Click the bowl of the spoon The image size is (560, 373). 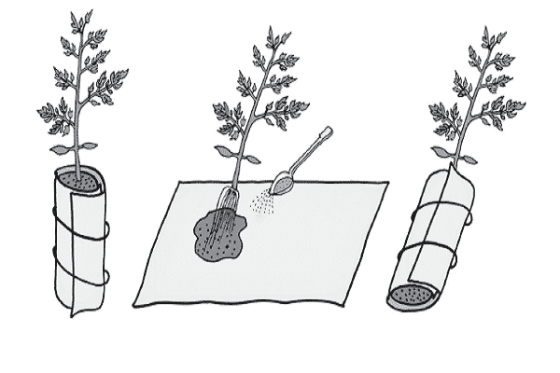click(x=283, y=183)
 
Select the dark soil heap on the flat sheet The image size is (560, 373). click(x=218, y=239)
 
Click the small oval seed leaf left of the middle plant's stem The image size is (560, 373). click(x=225, y=149)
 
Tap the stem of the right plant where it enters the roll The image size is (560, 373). click(x=455, y=168)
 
